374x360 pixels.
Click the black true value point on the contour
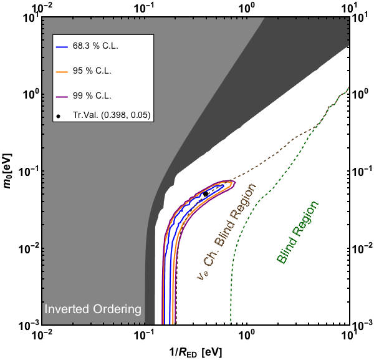click(x=205, y=194)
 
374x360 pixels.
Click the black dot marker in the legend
click(x=58, y=116)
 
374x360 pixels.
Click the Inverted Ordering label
click(x=93, y=309)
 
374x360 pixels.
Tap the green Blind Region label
click(x=297, y=233)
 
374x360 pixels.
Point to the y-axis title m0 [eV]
click(x=8, y=171)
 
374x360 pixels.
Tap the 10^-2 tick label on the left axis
click(x=29, y=248)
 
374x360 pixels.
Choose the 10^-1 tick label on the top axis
click(x=143, y=9)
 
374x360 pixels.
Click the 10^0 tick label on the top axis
click(x=246, y=9)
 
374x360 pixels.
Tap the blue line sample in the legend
click(x=62, y=46)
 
